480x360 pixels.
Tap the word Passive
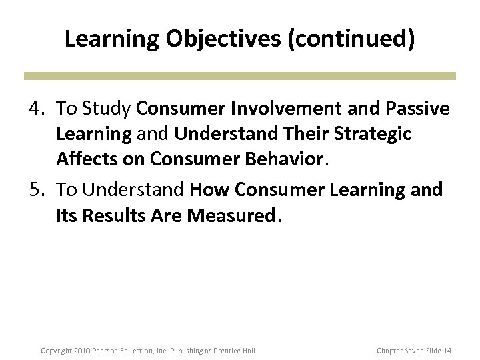(417, 109)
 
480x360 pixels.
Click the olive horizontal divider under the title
(240, 75)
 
